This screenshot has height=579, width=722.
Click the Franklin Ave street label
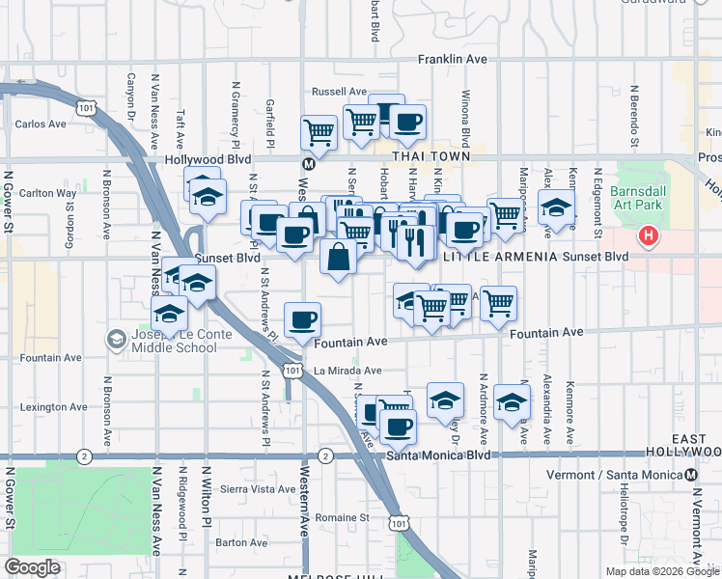click(452, 60)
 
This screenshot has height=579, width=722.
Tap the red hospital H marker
click(650, 235)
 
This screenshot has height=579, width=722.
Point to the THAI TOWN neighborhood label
click(430, 156)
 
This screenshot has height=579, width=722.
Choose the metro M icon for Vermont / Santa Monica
click(691, 475)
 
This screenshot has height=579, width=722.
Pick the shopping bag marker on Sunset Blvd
click(338, 258)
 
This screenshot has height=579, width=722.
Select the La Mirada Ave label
click(347, 371)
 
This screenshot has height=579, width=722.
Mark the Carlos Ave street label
click(41, 124)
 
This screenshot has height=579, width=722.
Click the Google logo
click(33, 567)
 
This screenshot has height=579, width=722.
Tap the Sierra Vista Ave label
click(258, 489)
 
